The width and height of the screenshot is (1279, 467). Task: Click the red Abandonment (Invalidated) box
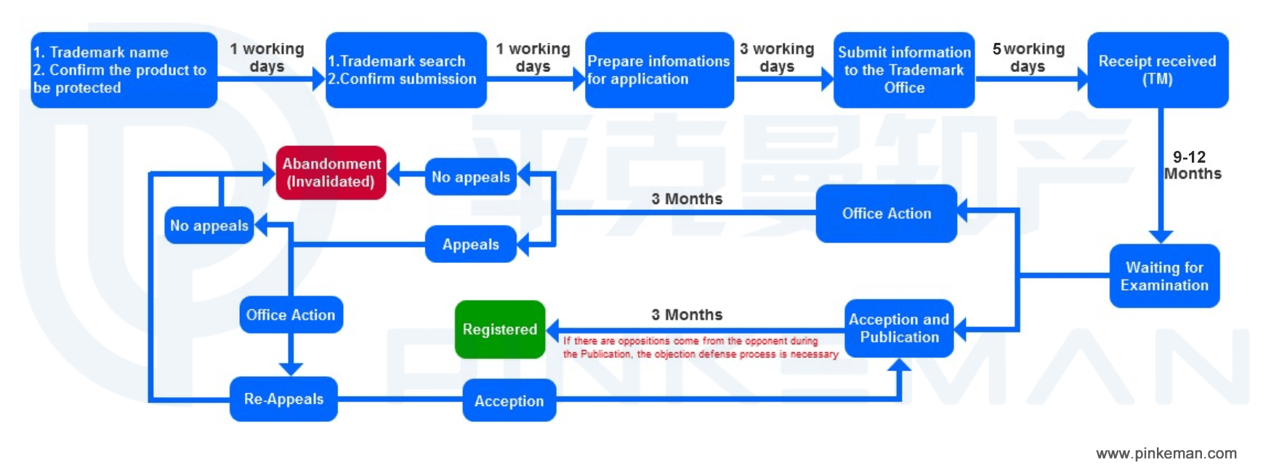pyautogui.click(x=331, y=173)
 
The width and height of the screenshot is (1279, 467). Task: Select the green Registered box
pyautogui.click(x=500, y=330)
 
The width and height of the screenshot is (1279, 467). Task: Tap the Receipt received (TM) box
pyautogui.click(x=1157, y=70)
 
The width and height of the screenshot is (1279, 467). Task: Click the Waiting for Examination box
pyautogui.click(x=1164, y=276)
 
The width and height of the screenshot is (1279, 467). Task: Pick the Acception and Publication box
pyautogui.click(x=899, y=328)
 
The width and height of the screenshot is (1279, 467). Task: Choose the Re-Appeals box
pyautogui.click(x=283, y=399)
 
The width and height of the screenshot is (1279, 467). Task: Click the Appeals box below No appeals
pyautogui.click(x=470, y=244)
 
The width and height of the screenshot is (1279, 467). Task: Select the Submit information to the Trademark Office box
pyautogui.click(x=904, y=70)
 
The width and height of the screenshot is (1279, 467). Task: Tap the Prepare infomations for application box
pyautogui.click(x=658, y=70)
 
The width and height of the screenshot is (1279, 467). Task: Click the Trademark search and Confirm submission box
pyautogui.click(x=406, y=70)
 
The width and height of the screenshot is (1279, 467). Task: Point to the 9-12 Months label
pyautogui.click(x=1192, y=166)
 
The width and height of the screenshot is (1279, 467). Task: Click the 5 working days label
pyautogui.click(x=1028, y=57)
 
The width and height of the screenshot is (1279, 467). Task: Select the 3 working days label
pyautogui.click(x=777, y=57)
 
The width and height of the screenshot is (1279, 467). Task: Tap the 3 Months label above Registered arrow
pyautogui.click(x=687, y=314)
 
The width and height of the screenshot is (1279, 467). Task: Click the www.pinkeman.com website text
pyautogui.click(x=1166, y=453)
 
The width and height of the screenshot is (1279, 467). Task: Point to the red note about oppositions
pyautogui.click(x=700, y=347)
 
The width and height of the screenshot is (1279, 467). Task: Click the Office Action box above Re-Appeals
pyautogui.click(x=291, y=314)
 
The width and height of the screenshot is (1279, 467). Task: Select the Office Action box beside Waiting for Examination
pyautogui.click(x=886, y=214)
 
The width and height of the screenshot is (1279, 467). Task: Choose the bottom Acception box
pyautogui.click(x=509, y=401)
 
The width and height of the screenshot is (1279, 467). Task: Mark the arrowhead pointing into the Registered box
pyautogui.click(x=553, y=330)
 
